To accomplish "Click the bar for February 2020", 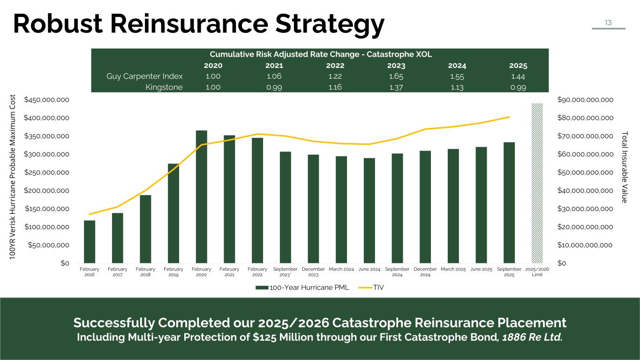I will coord(202,197).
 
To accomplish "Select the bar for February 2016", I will coord(90,242).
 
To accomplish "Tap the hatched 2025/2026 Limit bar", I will coord(537,183).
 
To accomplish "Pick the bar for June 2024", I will coord(369,210).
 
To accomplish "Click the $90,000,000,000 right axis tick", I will coord(585,100).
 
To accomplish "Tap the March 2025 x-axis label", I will coord(453,269).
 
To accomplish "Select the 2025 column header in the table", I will coord(519,66).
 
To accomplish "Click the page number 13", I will coord(608,22).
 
